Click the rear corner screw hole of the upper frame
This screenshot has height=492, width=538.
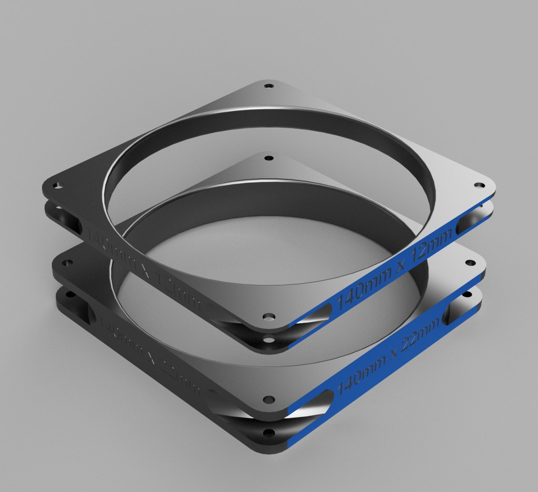269,86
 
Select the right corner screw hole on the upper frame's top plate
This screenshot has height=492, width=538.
479,186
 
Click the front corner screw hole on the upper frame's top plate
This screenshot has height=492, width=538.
268,317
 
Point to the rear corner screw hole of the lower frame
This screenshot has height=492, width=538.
268,158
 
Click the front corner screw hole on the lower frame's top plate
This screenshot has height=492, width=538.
269,399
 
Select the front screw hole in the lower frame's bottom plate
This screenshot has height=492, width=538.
269,433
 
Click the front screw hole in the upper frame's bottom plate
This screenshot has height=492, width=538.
269,340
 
